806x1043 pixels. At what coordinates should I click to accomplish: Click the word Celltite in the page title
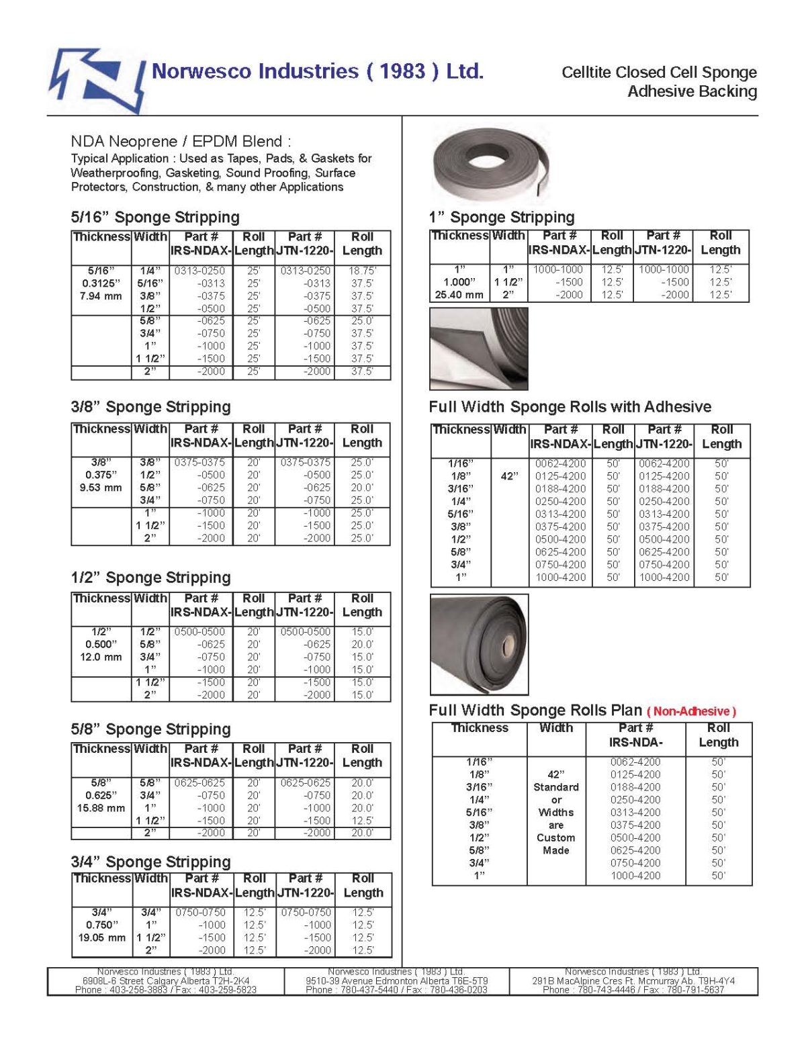(x=586, y=73)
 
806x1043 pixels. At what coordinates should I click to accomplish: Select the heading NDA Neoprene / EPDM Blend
(x=181, y=142)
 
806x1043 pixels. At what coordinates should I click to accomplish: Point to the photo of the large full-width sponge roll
(x=479, y=644)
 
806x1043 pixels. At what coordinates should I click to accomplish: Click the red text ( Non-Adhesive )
(x=691, y=711)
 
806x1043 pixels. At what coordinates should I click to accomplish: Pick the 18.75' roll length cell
(x=362, y=271)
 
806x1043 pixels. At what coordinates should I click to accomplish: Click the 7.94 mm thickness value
(x=101, y=296)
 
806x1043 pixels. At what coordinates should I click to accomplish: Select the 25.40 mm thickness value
(x=459, y=295)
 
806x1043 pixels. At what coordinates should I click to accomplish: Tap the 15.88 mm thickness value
(x=101, y=808)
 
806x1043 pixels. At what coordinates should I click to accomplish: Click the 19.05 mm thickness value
(x=101, y=938)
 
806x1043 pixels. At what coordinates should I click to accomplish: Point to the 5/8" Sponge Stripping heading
(x=150, y=729)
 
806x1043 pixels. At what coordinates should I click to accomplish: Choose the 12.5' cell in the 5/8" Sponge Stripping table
(x=362, y=821)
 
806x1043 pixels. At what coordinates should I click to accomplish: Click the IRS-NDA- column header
(x=635, y=742)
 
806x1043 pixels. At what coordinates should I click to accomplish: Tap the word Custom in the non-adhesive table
(x=555, y=837)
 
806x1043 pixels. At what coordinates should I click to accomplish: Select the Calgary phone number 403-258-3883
(x=140, y=990)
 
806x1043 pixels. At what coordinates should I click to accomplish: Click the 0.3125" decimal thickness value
(x=101, y=283)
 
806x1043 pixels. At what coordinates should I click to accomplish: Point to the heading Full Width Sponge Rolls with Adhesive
(x=570, y=407)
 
